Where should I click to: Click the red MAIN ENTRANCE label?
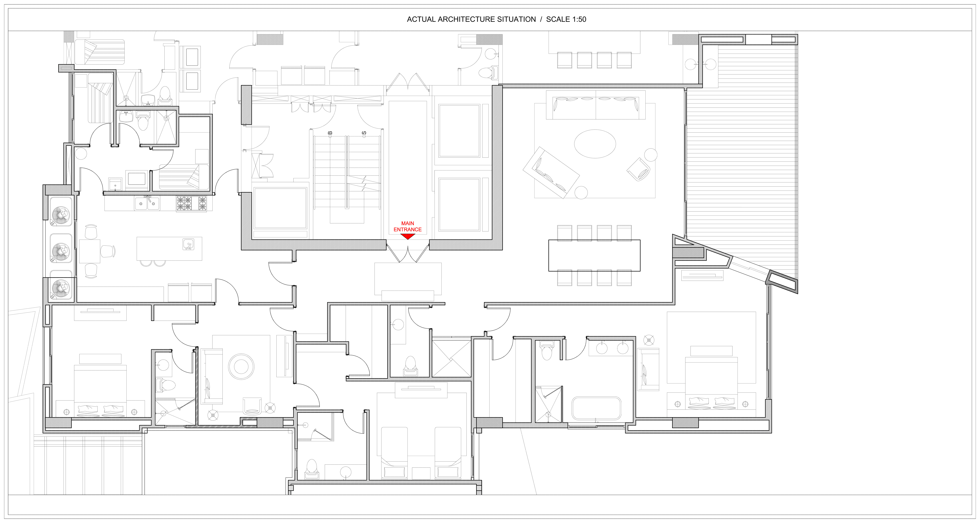coord(407,226)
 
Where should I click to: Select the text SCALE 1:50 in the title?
coord(566,19)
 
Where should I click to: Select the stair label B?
coord(330,133)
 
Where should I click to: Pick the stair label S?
coord(364,133)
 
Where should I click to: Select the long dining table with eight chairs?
coord(594,255)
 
